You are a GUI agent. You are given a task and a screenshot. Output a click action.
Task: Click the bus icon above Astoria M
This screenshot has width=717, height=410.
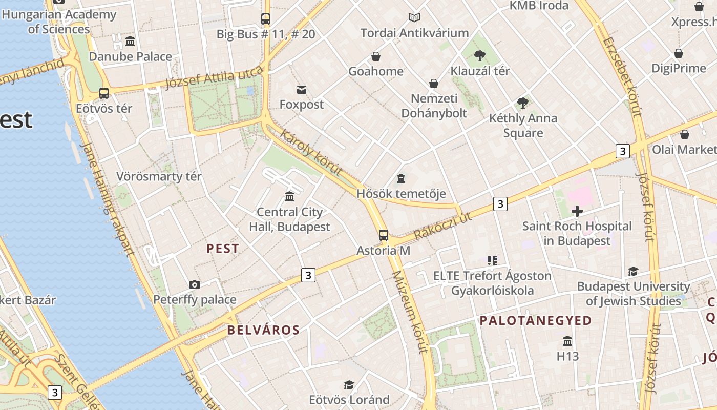(383, 235)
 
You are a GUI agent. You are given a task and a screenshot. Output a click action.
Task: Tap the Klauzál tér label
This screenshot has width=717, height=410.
(480, 71)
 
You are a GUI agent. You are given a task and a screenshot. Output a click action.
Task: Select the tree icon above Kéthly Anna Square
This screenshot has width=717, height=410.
(523, 103)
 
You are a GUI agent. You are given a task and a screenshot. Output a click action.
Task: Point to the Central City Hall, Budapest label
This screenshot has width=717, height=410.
(290, 219)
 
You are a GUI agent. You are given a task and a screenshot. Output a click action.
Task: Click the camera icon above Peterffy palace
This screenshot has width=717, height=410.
(195, 284)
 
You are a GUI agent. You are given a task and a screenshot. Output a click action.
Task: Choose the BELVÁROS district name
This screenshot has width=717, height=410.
(263, 330)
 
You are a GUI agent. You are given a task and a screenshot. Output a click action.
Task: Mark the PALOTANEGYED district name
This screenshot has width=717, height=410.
(535, 321)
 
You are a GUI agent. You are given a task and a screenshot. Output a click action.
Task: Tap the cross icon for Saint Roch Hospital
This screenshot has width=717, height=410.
(577, 211)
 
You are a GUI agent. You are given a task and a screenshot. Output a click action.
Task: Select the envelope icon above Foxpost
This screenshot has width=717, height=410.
(302, 90)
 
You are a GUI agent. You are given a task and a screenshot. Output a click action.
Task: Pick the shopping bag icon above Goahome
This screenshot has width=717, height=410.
(376, 56)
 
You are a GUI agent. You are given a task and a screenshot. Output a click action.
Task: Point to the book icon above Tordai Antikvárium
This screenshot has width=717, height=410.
(414, 18)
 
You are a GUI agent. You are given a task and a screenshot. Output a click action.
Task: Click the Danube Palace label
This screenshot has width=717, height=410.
(130, 56)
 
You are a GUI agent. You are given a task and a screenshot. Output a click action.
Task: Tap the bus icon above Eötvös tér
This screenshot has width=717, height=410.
(104, 93)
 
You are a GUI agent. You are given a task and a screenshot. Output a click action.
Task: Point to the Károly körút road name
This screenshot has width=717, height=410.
(311, 152)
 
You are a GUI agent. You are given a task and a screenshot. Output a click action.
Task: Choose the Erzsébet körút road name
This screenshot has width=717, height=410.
(622, 77)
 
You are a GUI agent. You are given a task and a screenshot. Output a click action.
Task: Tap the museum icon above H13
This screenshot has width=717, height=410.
(567, 341)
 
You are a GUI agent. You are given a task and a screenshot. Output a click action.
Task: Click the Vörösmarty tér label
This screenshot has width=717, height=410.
(159, 177)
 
